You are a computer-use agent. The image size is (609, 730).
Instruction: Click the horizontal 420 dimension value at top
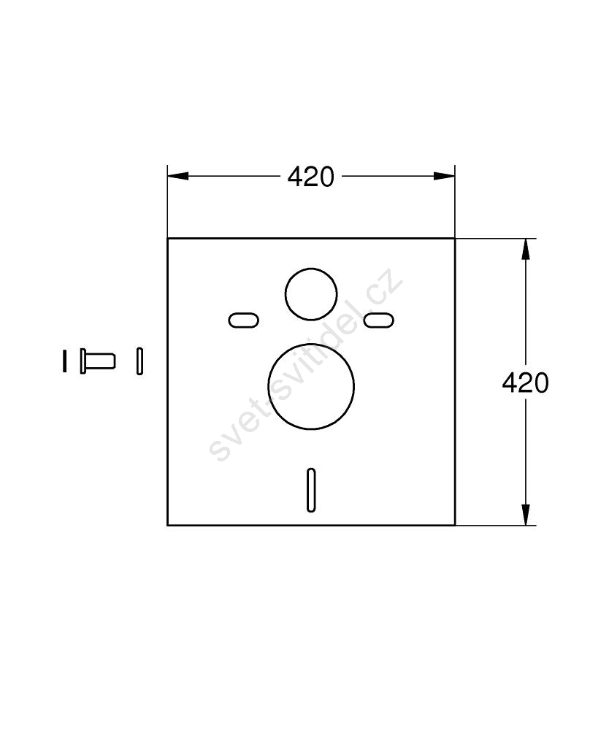310,177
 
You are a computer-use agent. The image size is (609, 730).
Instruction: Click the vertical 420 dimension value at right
525,383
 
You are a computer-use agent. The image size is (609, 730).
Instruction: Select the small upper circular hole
311,294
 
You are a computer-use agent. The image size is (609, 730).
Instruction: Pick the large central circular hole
311,386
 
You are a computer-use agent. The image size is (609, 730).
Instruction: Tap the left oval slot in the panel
243,320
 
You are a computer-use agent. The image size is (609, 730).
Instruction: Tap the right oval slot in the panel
379,320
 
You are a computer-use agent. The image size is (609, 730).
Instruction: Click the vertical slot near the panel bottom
311,491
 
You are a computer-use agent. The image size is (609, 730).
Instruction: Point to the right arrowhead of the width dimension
444,176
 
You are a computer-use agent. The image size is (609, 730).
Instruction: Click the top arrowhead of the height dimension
526,249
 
